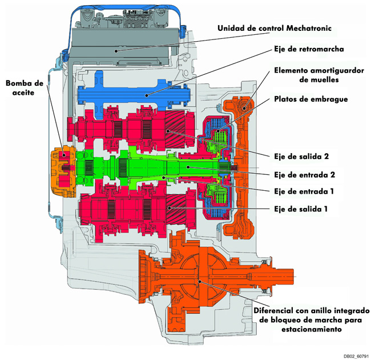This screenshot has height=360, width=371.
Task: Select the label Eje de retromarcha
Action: (x=309, y=49)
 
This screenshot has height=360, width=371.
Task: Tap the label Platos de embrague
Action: (x=310, y=99)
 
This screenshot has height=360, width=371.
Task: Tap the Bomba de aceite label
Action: (x=25, y=87)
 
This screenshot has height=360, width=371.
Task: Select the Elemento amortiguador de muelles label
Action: (x=318, y=75)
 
